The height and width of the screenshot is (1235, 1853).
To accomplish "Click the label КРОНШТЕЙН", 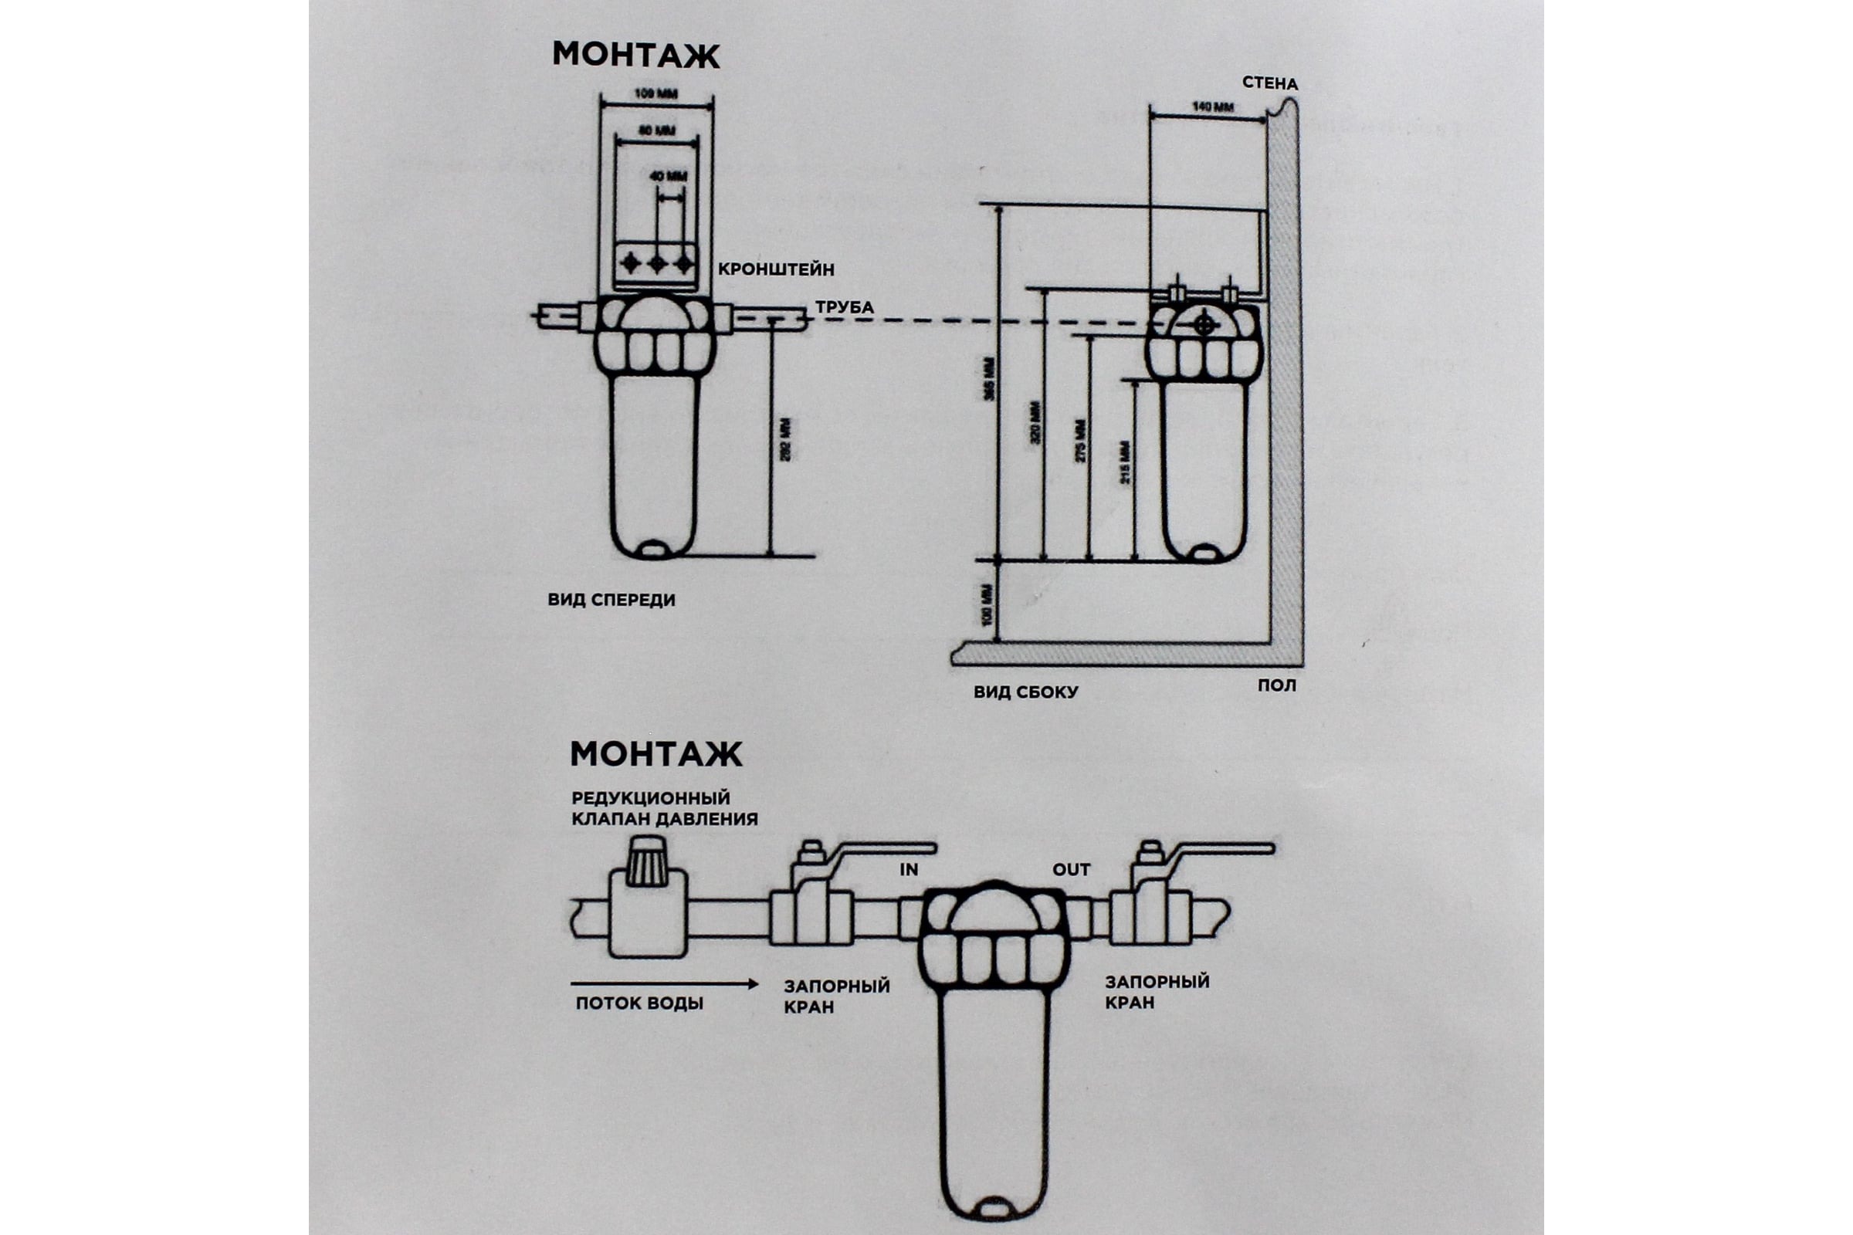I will pyautogui.click(x=775, y=269).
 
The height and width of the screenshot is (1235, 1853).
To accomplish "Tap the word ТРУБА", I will pyautogui.click(x=844, y=307).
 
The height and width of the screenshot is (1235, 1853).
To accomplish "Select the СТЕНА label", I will pyautogui.click(x=1269, y=83).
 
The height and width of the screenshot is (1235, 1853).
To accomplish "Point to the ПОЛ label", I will pyautogui.click(x=1276, y=685).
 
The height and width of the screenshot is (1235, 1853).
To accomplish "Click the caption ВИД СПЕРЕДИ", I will pyautogui.click(x=611, y=601).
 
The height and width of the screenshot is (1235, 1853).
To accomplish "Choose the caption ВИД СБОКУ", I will pyautogui.click(x=1025, y=692).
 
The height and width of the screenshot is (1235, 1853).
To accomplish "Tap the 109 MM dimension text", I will pyautogui.click(x=655, y=94).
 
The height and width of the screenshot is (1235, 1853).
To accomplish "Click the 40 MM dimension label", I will pyautogui.click(x=668, y=177).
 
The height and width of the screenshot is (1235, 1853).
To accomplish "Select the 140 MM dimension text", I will pyautogui.click(x=1211, y=107).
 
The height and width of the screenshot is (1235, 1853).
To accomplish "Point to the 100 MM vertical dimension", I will pyautogui.click(x=989, y=605).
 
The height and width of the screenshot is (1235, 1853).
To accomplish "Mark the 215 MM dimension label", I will pyautogui.click(x=1125, y=462).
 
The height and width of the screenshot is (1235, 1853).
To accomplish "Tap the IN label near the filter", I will pyautogui.click(x=909, y=871).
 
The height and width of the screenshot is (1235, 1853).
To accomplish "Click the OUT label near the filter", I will pyautogui.click(x=1072, y=870).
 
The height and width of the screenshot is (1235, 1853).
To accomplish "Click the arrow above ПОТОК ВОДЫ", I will pyautogui.click(x=663, y=983).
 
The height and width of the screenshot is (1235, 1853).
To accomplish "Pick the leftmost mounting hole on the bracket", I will pyautogui.click(x=630, y=263).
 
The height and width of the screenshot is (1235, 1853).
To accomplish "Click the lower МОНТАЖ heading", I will pyautogui.click(x=655, y=755).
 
